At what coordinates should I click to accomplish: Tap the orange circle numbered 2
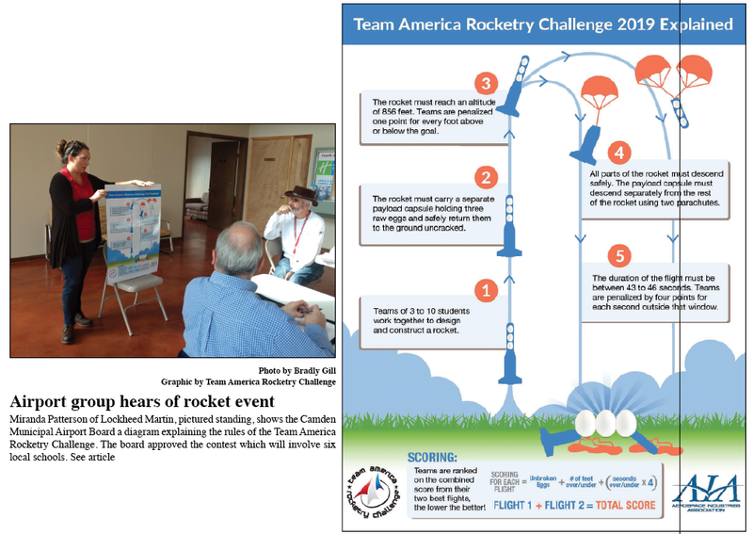(486, 177)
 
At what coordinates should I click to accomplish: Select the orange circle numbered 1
(486, 290)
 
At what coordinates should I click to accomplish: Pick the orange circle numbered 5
(618, 255)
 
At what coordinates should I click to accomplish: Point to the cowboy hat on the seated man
(299, 193)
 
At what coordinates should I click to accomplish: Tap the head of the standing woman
(75, 152)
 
